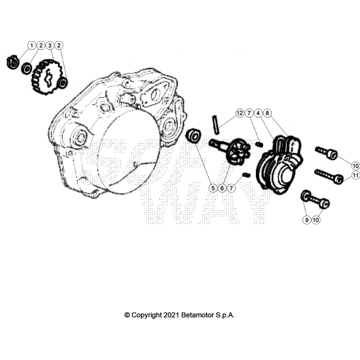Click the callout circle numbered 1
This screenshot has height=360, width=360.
[x=32, y=46]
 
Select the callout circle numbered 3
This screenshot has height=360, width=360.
[x=50, y=46]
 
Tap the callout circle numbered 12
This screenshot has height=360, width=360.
[x=239, y=113]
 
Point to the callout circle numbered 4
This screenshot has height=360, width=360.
[x=258, y=113]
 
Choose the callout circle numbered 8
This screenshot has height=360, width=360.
[x=267, y=113]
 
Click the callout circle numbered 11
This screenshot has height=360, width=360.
[x=355, y=175]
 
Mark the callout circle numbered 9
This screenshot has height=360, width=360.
[x=307, y=219]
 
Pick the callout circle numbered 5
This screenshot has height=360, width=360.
[x=213, y=188]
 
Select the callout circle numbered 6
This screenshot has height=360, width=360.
[x=222, y=188]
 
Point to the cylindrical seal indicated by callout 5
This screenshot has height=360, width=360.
[x=194, y=135]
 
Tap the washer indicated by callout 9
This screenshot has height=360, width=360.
[x=306, y=196]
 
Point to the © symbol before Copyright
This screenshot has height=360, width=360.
[x=127, y=315]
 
